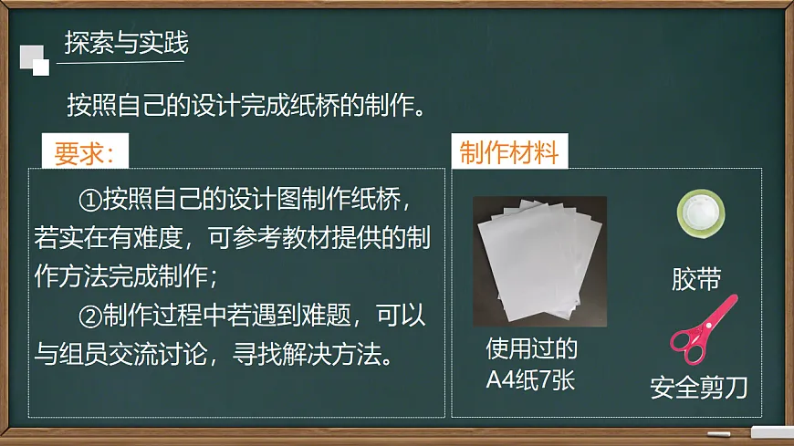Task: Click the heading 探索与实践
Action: [x=126, y=43]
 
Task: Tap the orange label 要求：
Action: [x=84, y=153]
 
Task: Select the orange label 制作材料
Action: [x=509, y=152]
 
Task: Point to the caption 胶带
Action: [x=696, y=278]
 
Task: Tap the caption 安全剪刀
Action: [x=699, y=388]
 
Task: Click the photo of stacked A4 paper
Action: [x=539, y=262]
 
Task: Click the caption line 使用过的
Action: [x=531, y=349]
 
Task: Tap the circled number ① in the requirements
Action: [x=90, y=198]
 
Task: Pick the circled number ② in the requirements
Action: [x=90, y=316]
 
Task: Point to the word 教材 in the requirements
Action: [x=312, y=237]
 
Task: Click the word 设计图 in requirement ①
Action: [x=274, y=198]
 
